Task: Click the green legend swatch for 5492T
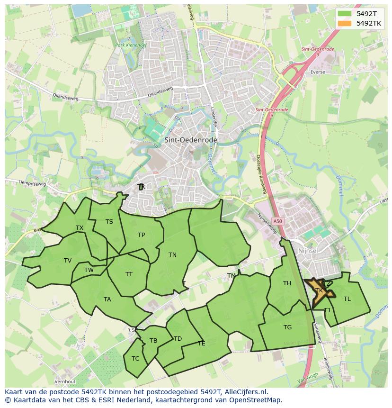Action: tap(345, 13)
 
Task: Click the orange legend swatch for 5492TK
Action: tap(345, 23)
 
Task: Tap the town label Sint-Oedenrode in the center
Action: tap(191, 140)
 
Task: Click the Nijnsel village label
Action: tap(311, 251)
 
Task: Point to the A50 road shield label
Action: tap(278, 221)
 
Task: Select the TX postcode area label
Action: tap(80, 228)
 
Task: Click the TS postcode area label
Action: tap(109, 222)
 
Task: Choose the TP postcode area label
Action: tap(141, 235)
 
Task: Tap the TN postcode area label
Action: tap(172, 255)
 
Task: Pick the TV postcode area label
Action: tap(68, 261)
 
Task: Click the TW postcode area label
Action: tap(89, 270)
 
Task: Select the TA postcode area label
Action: tap(107, 299)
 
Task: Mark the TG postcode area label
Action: tap(287, 327)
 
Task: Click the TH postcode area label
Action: tap(287, 283)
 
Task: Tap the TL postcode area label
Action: tap(347, 299)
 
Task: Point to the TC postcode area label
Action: tap(135, 359)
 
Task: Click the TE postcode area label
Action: tap(202, 344)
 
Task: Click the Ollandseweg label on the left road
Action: tap(65, 96)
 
